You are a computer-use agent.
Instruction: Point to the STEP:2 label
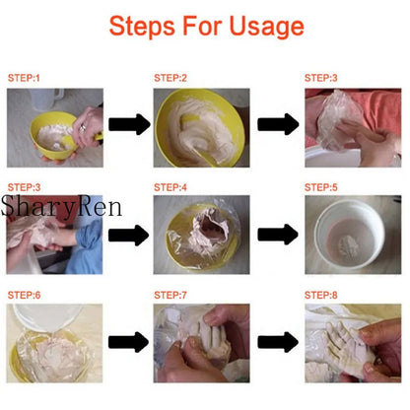click(170, 76)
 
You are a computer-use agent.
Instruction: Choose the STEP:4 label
click(170, 185)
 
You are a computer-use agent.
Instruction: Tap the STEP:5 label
click(320, 185)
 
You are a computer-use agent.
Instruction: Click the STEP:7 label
click(170, 295)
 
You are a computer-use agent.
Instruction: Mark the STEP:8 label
click(320, 295)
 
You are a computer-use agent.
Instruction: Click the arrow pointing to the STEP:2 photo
click(128, 124)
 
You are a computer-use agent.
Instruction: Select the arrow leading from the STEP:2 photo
click(278, 124)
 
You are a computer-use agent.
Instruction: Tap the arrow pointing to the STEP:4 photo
click(128, 235)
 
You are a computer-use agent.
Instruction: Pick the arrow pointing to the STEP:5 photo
click(278, 235)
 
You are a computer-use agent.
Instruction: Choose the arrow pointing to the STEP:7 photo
click(128, 343)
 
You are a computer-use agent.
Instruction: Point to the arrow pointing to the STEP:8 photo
click(278, 343)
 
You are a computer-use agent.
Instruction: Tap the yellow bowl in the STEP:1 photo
click(49, 138)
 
